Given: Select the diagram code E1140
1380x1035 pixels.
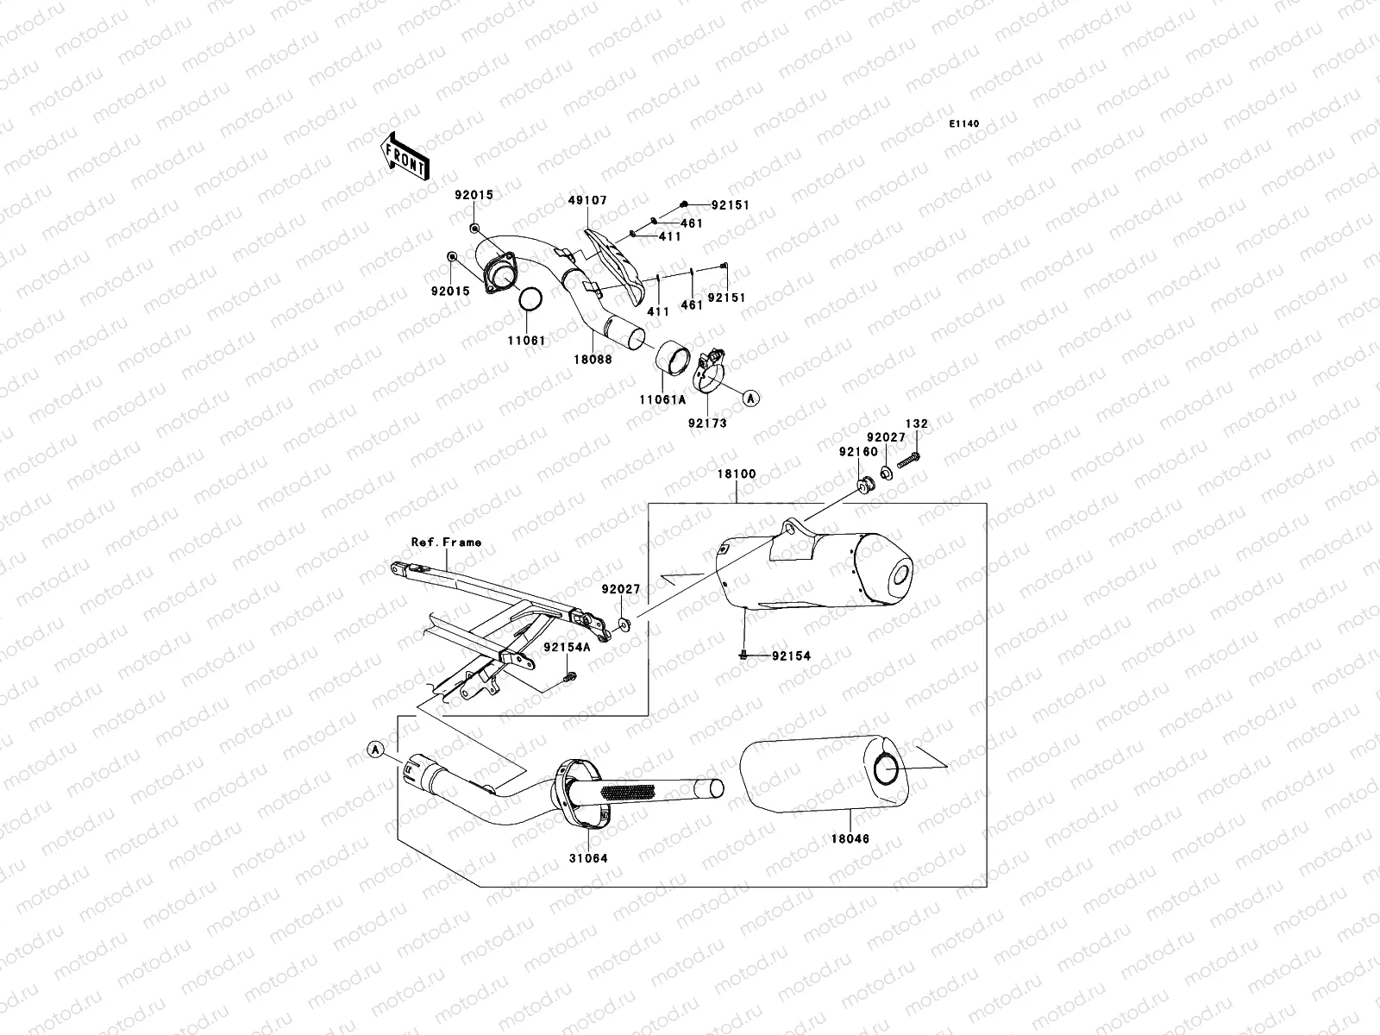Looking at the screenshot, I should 965,124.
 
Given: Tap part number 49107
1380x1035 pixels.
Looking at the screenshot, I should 588,201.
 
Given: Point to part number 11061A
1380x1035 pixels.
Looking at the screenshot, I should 661,400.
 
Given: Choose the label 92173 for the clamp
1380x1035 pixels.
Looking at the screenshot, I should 707,423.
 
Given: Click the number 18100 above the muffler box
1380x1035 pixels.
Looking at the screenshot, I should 736,474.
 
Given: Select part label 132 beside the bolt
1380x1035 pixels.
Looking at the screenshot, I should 917,424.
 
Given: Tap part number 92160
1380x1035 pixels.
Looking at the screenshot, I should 857,452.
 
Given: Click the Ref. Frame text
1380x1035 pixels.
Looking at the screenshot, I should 446,543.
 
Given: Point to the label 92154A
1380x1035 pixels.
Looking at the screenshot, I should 567,647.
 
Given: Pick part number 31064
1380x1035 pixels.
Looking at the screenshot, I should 586,858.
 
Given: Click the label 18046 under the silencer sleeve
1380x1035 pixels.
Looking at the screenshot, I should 850,838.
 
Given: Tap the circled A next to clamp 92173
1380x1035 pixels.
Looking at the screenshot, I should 750,398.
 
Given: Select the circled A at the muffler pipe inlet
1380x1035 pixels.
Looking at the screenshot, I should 375,750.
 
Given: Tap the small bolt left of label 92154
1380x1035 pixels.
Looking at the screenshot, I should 743,655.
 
